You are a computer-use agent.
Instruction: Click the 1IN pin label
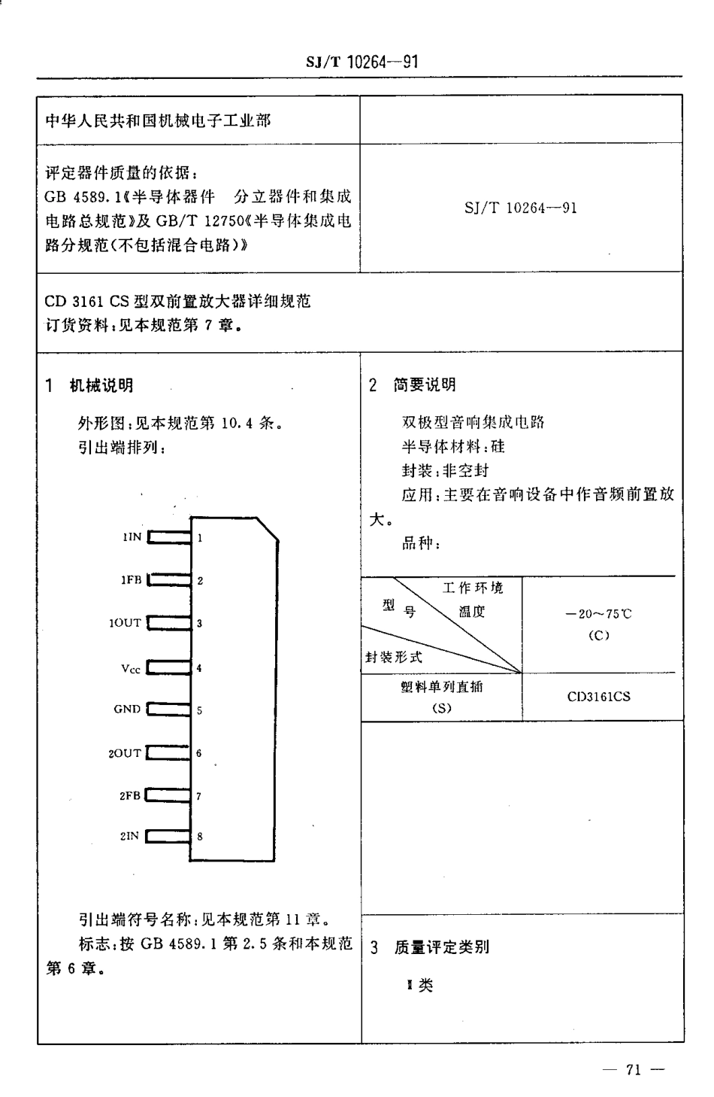click(x=132, y=537)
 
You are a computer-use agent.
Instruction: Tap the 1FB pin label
click(x=131, y=580)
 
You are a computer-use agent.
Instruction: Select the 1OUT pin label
click(x=125, y=623)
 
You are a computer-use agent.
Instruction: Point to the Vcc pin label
click(x=130, y=667)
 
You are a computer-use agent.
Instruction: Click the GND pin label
click(x=127, y=710)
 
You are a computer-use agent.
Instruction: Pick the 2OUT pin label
click(x=125, y=753)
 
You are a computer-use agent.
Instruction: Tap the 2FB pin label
click(x=130, y=795)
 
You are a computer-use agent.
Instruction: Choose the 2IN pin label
click(x=129, y=836)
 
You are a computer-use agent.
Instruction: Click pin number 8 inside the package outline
click(x=200, y=836)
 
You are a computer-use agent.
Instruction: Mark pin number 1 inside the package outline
click(x=200, y=538)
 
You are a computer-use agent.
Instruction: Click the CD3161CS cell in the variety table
click(x=598, y=697)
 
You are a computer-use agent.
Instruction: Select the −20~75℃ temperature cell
click(x=598, y=614)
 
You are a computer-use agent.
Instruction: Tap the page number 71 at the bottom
click(x=631, y=1070)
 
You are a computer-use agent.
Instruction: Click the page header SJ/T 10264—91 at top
click(x=362, y=62)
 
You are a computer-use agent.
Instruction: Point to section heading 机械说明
click(x=101, y=385)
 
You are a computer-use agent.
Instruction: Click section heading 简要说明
click(x=424, y=385)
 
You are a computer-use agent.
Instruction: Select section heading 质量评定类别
click(x=441, y=947)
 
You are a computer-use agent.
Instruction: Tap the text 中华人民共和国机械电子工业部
click(x=158, y=120)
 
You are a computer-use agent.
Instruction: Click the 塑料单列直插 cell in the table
click(x=441, y=687)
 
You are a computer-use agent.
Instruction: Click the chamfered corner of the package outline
click(x=268, y=528)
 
